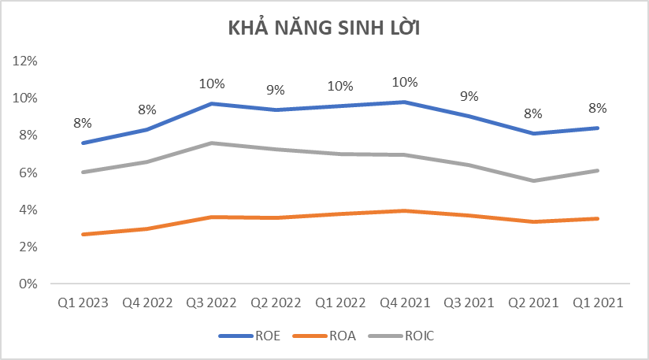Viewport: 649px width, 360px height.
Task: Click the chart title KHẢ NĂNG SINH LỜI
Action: pyautogui.click(x=324, y=28)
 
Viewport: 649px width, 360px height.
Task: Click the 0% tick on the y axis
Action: pyautogui.click(x=30, y=284)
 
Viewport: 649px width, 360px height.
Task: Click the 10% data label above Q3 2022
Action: pyautogui.click(x=211, y=84)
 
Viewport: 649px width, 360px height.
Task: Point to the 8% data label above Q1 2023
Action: pyautogui.click(x=83, y=123)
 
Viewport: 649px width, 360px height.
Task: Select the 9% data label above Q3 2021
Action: pyautogui.click(x=469, y=96)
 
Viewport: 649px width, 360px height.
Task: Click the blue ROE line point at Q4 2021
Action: pyautogui.click(x=403, y=102)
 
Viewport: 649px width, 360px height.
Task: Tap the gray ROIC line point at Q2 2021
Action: pyautogui.click(x=532, y=180)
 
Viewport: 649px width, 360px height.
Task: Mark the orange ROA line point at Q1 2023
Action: pyautogui.click(x=82, y=234)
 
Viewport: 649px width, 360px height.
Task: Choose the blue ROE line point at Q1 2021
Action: pyautogui.click(x=596, y=128)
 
